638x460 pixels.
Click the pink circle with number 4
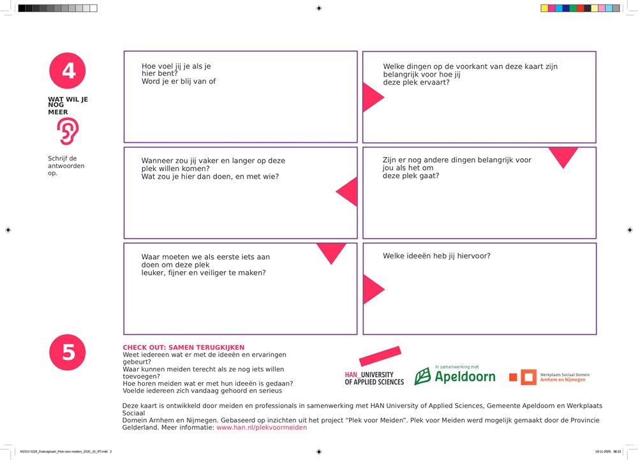click(x=68, y=71)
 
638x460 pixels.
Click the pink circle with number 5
click(x=68, y=352)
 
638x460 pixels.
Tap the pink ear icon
click(x=68, y=131)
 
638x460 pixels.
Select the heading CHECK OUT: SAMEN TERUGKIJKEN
click(x=183, y=348)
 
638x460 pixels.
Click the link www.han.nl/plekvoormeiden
click(x=262, y=427)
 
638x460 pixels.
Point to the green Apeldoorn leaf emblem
click(x=422, y=376)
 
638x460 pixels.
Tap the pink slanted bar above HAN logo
click(x=380, y=357)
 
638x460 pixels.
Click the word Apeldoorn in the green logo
click(x=465, y=377)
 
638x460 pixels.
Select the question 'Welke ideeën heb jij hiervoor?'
click(x=436, y=256)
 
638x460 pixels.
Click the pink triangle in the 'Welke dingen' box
click(x=371, y=98)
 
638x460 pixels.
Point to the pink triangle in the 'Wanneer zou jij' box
click(x=348, y=191)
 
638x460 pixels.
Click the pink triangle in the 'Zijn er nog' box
click(x=563, y=156)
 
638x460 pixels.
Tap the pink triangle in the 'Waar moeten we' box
click(x=332, y=251)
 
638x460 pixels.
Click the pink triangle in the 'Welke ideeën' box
click(x=371, y=289)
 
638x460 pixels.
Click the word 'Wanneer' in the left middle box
click(x=158, y=161)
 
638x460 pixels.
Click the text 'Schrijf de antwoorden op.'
click(x=66, y=166)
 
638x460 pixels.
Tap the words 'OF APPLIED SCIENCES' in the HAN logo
click(x=375, y=382)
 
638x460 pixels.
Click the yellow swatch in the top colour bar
click(x=544, y=8)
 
